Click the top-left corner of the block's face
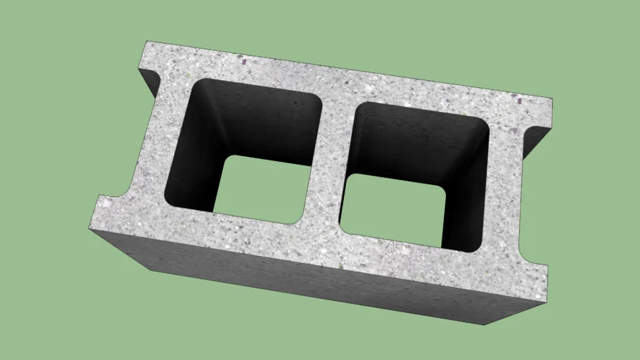146,41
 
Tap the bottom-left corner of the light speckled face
90,229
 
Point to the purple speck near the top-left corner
243,61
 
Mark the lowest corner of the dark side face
486,325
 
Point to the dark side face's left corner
90,229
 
